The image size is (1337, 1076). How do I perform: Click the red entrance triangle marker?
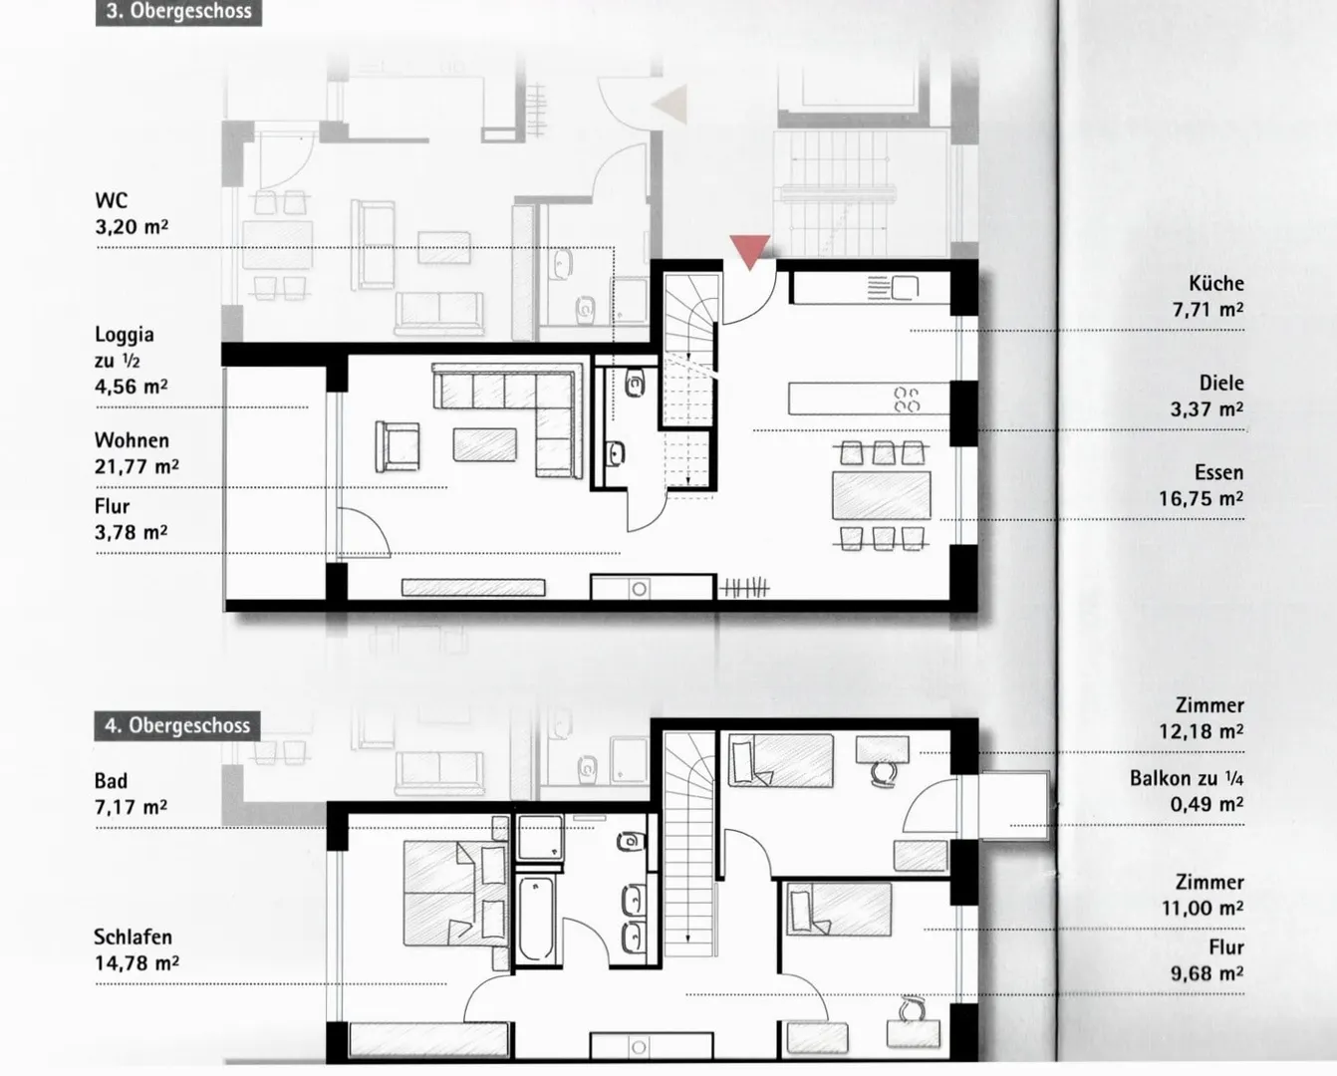[x=750, y=250]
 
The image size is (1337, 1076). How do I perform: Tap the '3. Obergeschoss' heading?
[x=178, y=12]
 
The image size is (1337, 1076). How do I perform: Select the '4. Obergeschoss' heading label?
[x=177, y=725]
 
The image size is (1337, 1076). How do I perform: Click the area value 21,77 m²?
[x=136, y=466]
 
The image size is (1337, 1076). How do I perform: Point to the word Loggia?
[x=125, y=335]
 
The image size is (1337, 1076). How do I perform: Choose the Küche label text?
[x=1216, y=283]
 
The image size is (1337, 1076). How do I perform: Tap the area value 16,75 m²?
[x=1201, y=498]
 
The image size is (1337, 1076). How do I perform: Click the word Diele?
[x=1221, y=383]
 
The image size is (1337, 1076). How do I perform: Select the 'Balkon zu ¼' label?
[x=1187, y=778]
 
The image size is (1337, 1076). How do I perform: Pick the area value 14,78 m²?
[x=136, y=963]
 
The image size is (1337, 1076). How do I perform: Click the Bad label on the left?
[x=112, y=780]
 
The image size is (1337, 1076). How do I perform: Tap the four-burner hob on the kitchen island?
[x=907, y=400]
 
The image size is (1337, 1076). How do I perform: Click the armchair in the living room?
[x=397, y=446]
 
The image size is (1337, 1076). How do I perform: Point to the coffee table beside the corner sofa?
[x=484, y=444]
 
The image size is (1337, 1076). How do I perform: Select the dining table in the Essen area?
[x=882, y=495]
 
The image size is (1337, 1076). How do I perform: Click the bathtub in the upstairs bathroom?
[x=537, y=918]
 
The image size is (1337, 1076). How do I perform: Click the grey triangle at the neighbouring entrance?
[x=669, y=104]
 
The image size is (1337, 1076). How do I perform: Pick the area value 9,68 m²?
[x=1207, y=972]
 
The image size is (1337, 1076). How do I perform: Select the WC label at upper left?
[x=112, y=200]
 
